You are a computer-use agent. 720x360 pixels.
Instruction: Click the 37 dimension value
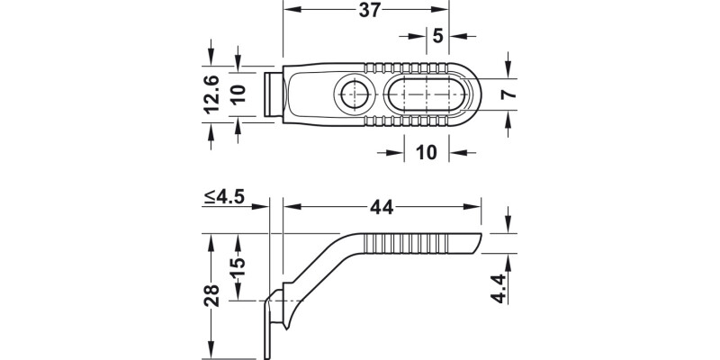tap(366, 10)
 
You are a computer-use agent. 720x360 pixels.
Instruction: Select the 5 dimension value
tap(437, 37)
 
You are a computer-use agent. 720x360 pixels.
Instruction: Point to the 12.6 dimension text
tap(211, 94)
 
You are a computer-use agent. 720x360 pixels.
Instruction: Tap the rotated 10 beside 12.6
tap(238, 94)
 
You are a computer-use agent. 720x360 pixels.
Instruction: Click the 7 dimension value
tap(508, 93)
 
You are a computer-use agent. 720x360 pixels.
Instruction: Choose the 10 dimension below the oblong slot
tap(427, 153)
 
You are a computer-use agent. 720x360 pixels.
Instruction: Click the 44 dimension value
tap(382, 207)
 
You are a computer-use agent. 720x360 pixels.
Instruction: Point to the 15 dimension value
tap(238, 268)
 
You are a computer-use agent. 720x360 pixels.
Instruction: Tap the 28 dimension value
tap(211, 295)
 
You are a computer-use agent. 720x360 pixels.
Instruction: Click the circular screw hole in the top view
tap(351, 93)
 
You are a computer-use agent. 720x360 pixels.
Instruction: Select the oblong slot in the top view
tap(427, 93)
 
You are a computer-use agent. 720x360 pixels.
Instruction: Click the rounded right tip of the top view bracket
tap(473, 93)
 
